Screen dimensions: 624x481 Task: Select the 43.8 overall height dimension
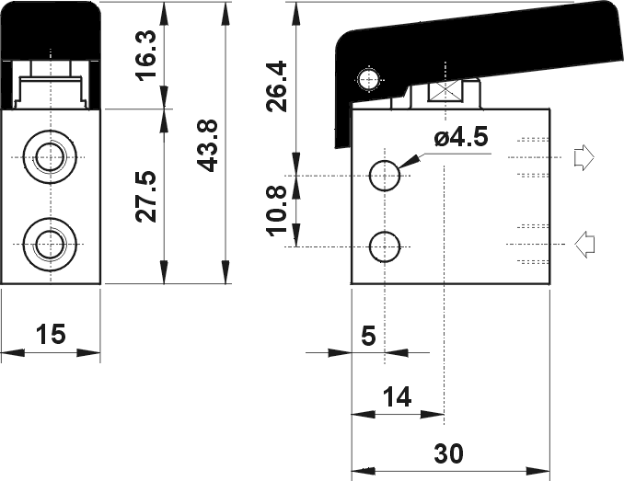(x=208, y=145)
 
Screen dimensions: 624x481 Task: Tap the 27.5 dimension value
(x=146, y=197)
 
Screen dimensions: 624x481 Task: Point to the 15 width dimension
(x=51, y=334)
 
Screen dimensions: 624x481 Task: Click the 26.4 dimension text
(x=276, y=86)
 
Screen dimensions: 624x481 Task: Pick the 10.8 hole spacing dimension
(x=276, y=212)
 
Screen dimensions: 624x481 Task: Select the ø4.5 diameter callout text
(x=461, y=137)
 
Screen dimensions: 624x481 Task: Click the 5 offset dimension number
(x=368, y=336)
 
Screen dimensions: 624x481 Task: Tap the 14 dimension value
(x=397, y=396)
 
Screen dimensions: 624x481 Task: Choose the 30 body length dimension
(x=448, y=453)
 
